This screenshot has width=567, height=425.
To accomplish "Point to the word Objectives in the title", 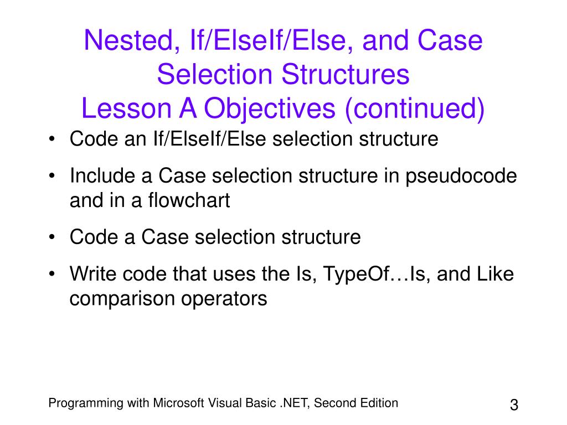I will (x=270, y=109).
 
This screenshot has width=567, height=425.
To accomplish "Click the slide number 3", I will (x=513, y=405).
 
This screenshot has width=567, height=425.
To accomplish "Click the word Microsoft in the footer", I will (x=179, y=403).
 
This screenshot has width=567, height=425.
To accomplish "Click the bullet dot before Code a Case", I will (x=52, y=238).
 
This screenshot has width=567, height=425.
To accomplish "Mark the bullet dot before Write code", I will (x=52, y=274).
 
